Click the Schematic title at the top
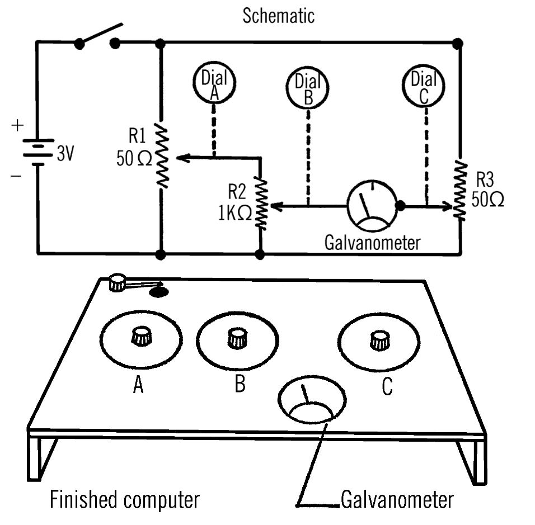pyautogui.click(x=279, y=16)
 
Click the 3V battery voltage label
pyautogui.click(x=65, y=153)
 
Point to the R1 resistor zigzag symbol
pyautogui.click(x=162, y=155)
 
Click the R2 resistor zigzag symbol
pyautogui.click(x=261, y=203)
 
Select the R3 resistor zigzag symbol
pyautogui.click(x=460, y=190)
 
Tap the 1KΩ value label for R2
pyautogui.click(x=235, y=213)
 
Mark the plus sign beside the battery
pyautogui.click(x=17, y=126)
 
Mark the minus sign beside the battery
pyautogui.click(x=16, y=176)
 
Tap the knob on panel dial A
pyautogui.click(x=141, y=336)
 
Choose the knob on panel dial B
pyautogui.click(x=237, y=338)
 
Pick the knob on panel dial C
pyautogui.click(x=379, y=340)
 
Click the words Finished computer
pyautogui.click(x=125, y=500)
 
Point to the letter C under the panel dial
pyautogui.click(x=387, y=386)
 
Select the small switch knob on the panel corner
pyautogui.click(x=117, y=283)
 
